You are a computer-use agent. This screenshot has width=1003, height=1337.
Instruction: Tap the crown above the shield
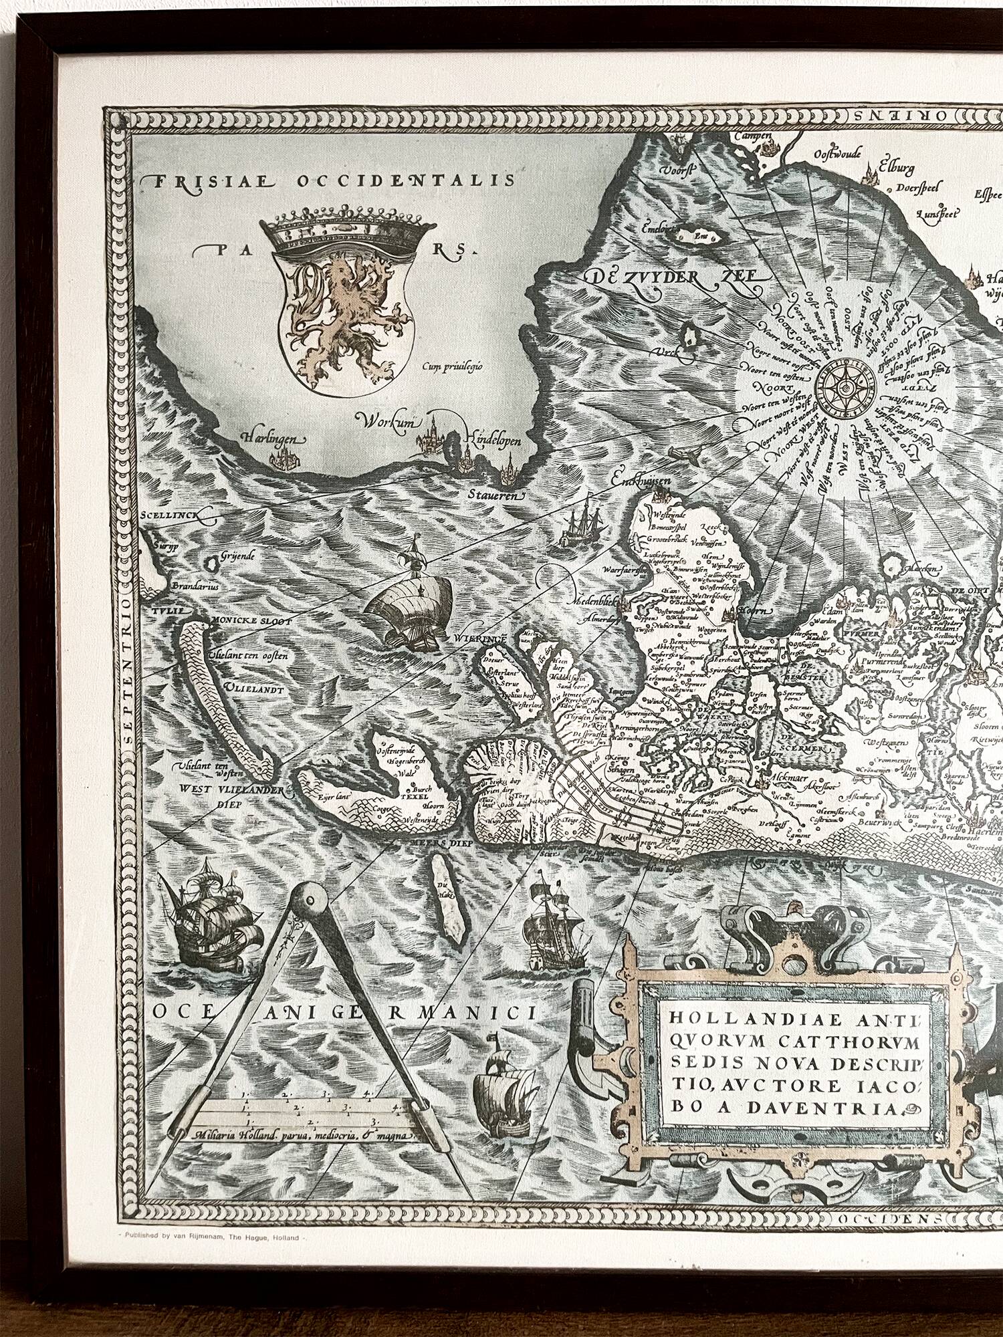coord(348,231)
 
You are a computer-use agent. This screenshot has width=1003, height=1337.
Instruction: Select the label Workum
coord(387,422)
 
